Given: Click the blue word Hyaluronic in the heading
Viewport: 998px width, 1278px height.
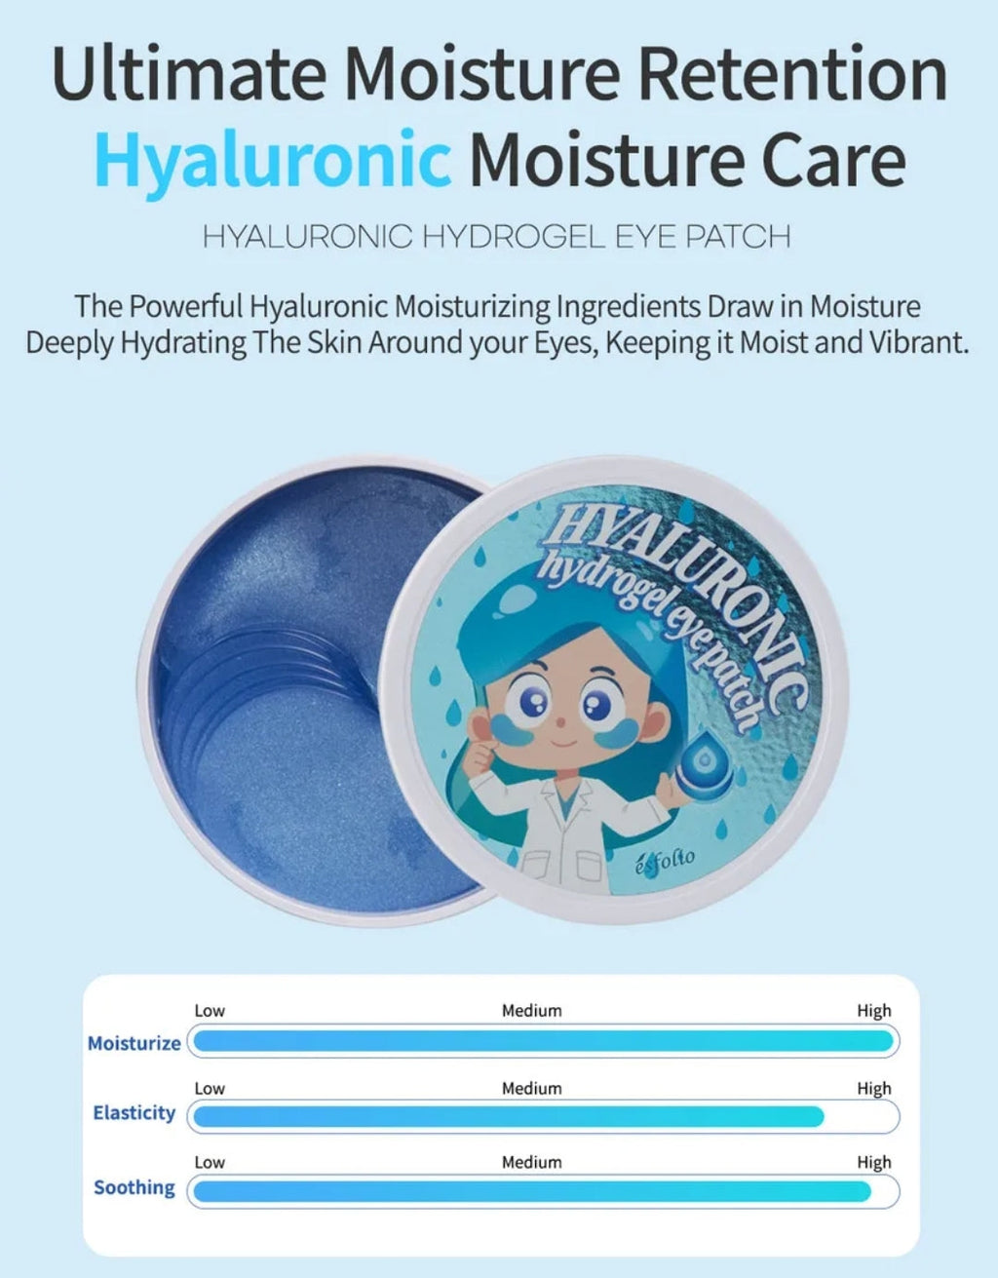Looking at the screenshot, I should [273, 159].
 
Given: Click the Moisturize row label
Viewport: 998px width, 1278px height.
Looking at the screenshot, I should [134, 1043].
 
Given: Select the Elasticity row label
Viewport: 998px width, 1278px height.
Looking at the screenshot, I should [134, 1113].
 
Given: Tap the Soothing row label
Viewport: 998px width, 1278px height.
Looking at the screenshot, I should [134, 1187].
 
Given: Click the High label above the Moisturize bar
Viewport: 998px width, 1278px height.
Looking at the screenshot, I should [873, 1011].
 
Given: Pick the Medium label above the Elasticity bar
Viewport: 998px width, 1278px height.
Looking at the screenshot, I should [531, 1088].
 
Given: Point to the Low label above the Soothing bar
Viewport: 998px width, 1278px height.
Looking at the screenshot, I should [210, 1162].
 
